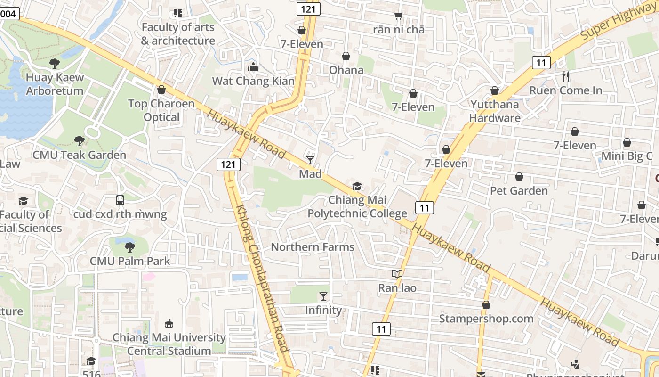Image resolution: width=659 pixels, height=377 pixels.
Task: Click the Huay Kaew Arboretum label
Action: [55, 84]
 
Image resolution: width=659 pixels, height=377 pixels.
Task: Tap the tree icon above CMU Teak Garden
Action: [79, 140]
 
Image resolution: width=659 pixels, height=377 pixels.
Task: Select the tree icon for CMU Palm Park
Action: [130, 247]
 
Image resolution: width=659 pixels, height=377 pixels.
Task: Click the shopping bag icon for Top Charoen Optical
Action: [161, 90]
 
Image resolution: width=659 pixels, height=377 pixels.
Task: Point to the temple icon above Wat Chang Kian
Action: [253, 67]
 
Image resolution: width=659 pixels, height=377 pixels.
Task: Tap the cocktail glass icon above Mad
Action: [310, 160]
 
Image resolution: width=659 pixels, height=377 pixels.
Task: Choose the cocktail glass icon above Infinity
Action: [323, 296]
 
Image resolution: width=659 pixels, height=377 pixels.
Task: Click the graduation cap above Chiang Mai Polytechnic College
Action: [357, 187]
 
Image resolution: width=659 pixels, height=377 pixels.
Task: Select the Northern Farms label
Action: [312, 247]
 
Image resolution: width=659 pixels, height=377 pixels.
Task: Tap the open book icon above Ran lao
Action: [397, 274]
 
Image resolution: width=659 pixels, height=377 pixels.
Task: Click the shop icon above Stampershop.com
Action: [486, 305]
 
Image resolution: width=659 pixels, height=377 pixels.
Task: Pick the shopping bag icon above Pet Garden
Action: [519, 177]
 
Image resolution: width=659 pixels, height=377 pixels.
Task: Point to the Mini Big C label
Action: [627, 156]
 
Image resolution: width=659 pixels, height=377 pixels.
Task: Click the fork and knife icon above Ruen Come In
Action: [566, 76]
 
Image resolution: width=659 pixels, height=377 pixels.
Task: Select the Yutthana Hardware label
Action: [494, 111]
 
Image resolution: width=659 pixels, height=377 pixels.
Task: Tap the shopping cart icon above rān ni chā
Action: [399, 16]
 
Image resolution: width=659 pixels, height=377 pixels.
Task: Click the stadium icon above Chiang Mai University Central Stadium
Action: [169, 323]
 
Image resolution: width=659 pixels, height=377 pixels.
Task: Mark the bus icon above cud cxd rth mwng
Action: [120, 200]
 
